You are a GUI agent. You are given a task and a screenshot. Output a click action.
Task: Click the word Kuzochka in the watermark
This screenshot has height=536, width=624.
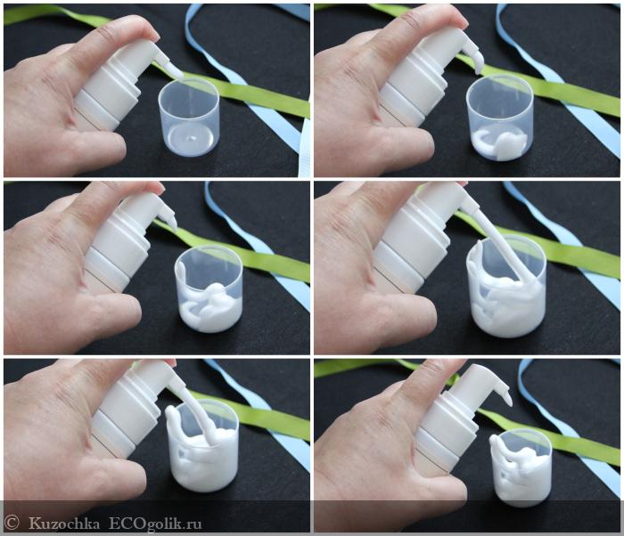coord(64,524)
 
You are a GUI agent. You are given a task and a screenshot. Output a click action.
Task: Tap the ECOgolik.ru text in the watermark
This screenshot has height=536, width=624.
coord(156,524)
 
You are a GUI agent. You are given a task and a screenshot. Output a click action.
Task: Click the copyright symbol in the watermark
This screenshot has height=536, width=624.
coord(11,523)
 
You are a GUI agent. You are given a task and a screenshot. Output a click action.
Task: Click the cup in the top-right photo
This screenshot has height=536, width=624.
coord(500,118)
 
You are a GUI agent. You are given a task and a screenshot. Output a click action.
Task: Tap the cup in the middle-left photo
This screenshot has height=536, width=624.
coord(209,288)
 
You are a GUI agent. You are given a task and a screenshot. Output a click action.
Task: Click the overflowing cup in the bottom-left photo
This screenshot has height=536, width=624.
coord(202,446)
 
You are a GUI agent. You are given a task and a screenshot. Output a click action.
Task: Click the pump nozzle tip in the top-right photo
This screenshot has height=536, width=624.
coord(480,69)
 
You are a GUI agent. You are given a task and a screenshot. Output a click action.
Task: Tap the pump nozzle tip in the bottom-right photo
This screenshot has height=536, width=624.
coord(508,401)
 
